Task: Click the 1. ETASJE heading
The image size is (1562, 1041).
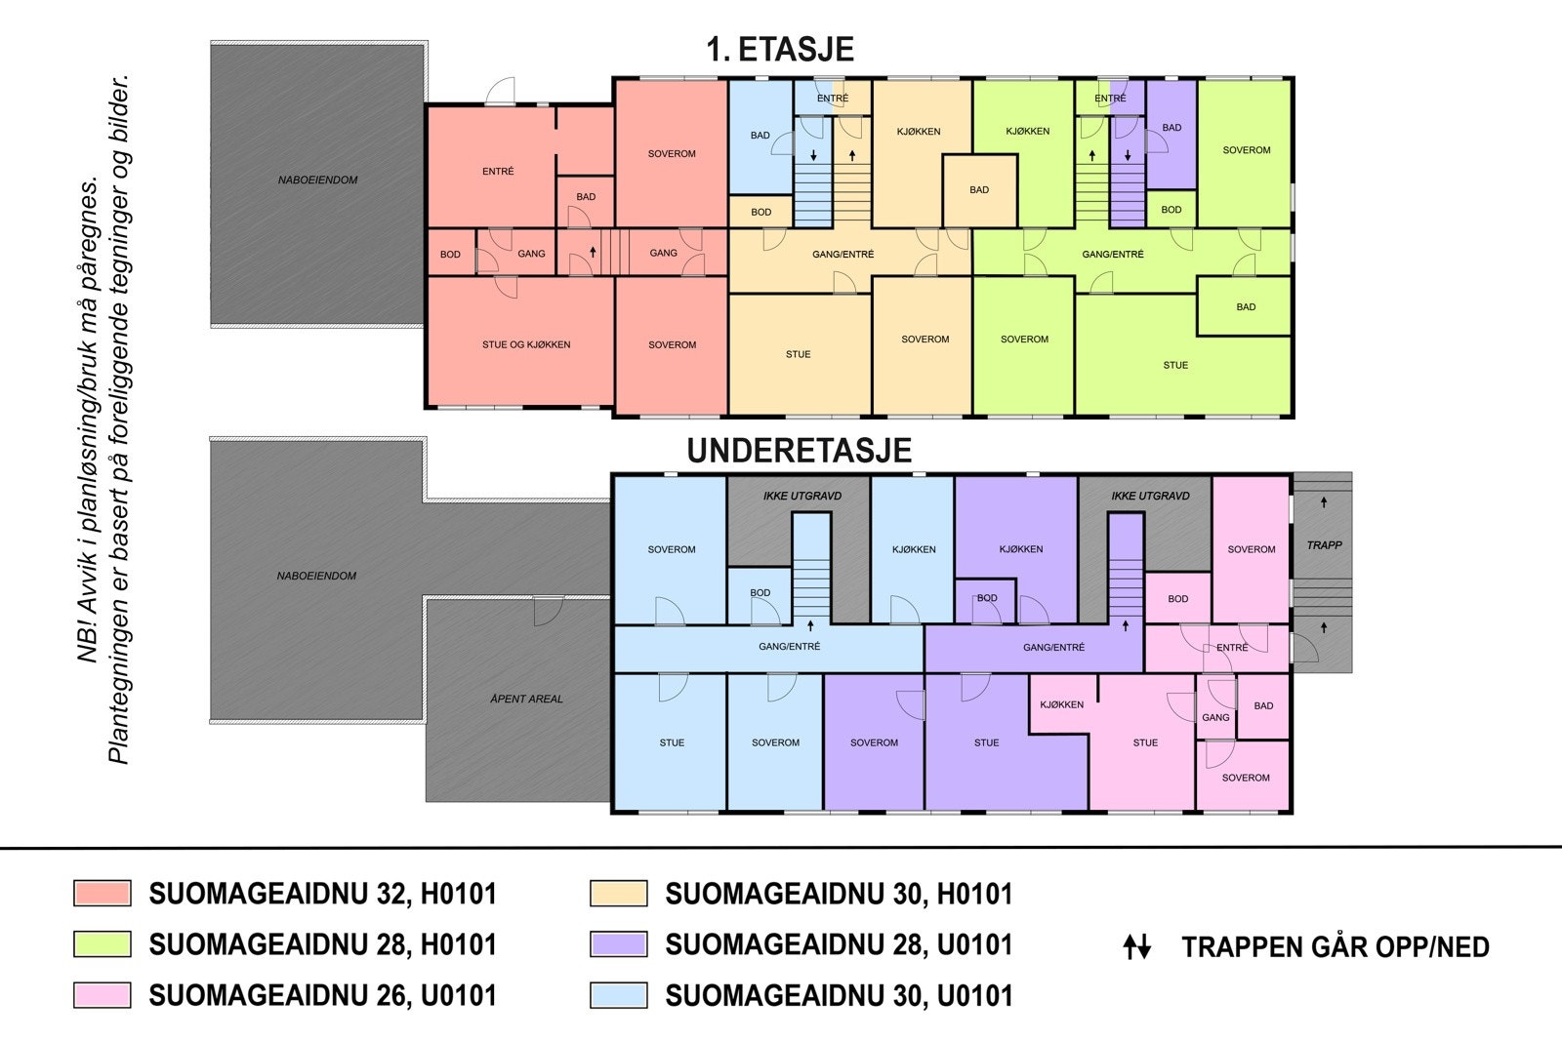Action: (x=780, y=50)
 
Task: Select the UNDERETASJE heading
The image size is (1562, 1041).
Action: (x=800, y=450)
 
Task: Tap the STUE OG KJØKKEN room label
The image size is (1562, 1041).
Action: (x=526, y=344)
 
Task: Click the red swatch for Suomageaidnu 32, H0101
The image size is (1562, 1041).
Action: (x=103, y=894)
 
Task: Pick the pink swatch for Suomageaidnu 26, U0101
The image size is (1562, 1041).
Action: (x=103, y=995)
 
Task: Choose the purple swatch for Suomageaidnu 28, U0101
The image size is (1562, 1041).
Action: (x=619, y=944)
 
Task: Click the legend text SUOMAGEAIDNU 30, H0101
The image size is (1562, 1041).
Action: (x=839, y=894)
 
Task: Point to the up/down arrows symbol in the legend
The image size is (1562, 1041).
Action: (x=1136, y=947)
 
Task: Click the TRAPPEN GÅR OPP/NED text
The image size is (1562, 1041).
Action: (x=1336, y=947)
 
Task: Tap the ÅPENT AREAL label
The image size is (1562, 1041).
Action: (x=526, y=699)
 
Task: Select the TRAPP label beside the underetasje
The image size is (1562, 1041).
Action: (x=1324, y=544)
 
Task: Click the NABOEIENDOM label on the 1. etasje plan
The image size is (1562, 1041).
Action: (x=317, y=180)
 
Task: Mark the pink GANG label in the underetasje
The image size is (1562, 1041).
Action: (x=1215, y=717)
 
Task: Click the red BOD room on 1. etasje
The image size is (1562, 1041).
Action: (x=450, y=253)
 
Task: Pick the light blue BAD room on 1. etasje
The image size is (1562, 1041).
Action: (x=760, y=137)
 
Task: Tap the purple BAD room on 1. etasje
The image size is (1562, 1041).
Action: (x=1171, y=134)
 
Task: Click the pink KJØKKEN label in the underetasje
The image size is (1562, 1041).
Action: (x=1061, y=704)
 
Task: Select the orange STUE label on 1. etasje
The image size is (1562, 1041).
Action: (x=798, y=354)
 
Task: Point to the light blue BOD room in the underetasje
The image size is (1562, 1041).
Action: (x=760, y=596)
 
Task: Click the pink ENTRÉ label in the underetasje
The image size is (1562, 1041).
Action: (x=1232, y=647)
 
